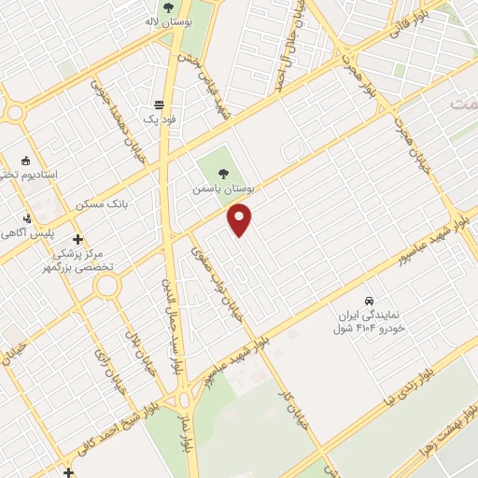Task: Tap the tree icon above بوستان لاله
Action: point(167,7)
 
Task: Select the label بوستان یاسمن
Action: point(223,188)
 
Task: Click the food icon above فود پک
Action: point(160,105)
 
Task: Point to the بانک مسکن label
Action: point(130,202)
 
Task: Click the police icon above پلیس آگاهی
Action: point(27,218)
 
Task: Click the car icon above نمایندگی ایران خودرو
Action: point(369,302)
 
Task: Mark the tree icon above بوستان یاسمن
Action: point(223,172)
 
